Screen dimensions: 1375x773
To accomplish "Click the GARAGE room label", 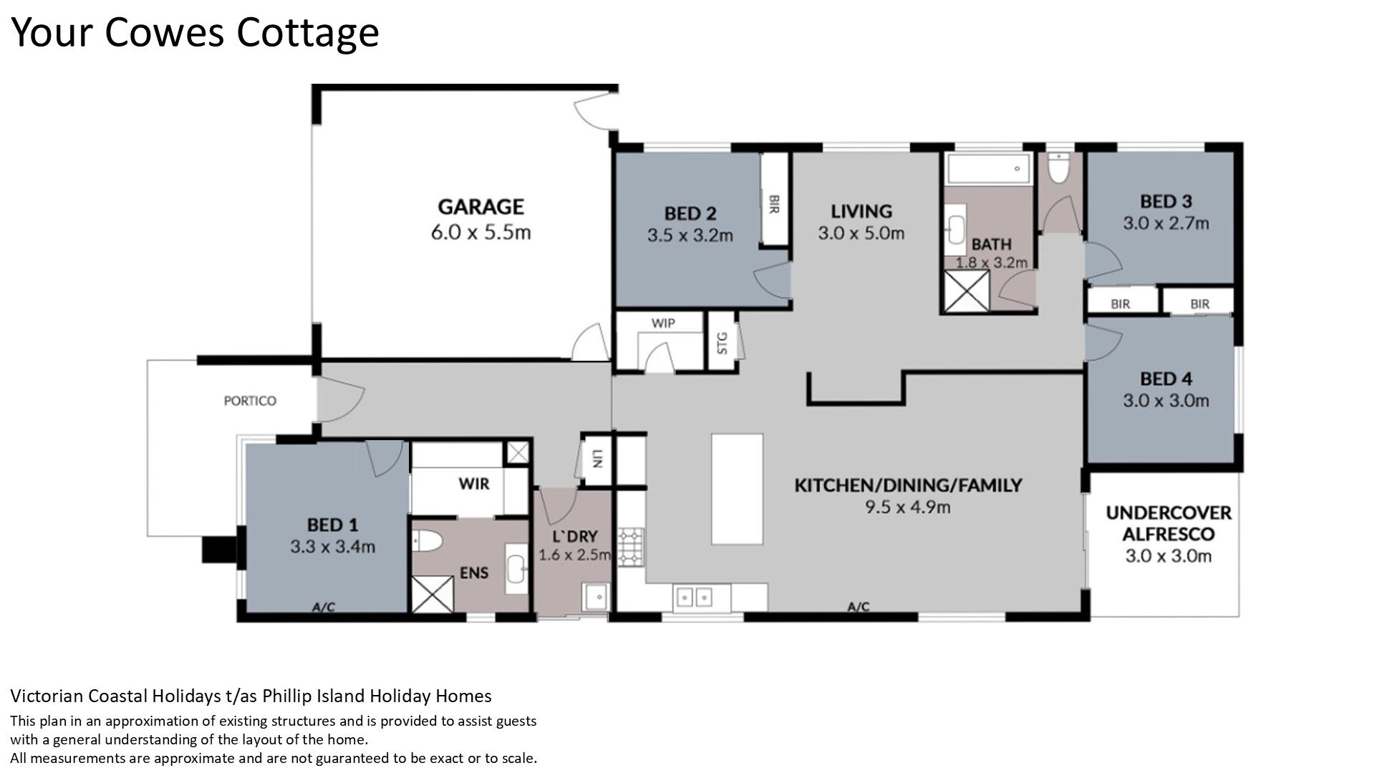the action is coord(481,207).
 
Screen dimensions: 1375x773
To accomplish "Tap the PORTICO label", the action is coord(250,401).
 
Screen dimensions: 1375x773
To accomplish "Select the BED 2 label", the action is coord(690,213).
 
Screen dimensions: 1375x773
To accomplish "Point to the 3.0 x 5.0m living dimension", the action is coord(861,233).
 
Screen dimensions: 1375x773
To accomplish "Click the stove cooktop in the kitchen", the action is coord(631,548).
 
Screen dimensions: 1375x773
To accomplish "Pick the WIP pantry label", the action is coord(663,323).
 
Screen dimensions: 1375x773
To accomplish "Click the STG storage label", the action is coord(722,343).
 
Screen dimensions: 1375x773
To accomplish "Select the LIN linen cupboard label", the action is coord(597,458).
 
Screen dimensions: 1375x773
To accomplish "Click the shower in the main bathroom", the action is coord(965,291).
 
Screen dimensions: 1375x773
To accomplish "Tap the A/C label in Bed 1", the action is coord(324,608).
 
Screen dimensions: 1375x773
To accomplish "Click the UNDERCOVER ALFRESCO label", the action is coord(1168,523).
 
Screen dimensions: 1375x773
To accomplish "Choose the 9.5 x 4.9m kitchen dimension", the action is coord(907,507).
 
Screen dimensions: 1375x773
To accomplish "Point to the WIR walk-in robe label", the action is coord(474,485).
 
